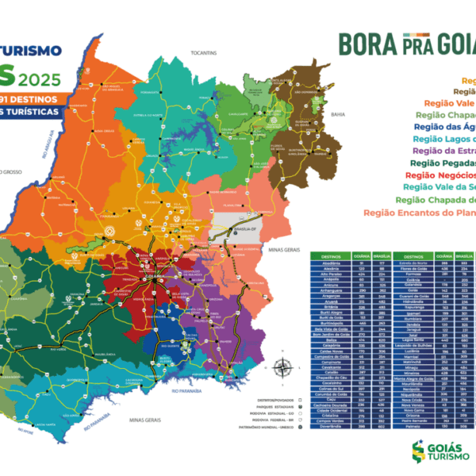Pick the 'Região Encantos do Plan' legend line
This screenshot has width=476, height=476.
coord(420,213)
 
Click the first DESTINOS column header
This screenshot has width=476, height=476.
coord(325,257)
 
